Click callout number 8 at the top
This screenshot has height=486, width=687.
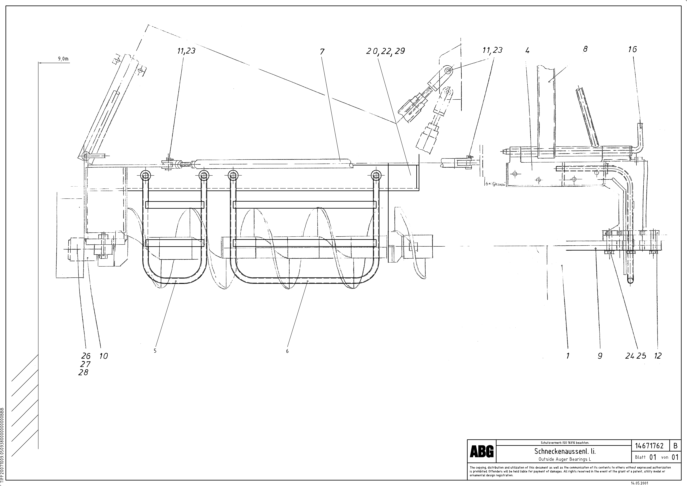tap(585, 49)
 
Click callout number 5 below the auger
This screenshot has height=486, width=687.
tap(155, 351)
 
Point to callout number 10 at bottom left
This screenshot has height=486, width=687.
tap(104, 356)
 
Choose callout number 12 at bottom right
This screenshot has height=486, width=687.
tap(658, 356)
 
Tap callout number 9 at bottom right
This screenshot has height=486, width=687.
tap(600, 356)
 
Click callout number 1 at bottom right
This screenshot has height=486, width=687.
tap(568, 356)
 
